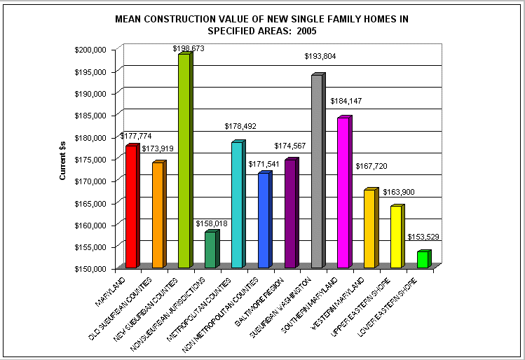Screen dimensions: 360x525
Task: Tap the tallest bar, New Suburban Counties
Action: point(184,160)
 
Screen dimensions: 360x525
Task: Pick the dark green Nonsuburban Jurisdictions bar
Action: point(210,249)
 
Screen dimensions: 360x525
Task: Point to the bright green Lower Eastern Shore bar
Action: point(422,259)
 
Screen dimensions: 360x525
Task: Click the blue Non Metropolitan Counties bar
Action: point(264,220)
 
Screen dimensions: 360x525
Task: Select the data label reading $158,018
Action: point(210,223)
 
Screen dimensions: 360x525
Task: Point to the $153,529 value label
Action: point(423,237)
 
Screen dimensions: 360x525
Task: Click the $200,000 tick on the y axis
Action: point(90,49)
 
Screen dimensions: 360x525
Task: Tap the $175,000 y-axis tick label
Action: point(90,159)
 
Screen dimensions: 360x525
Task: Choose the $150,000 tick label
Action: point(90,268)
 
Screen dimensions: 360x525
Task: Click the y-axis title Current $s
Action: point(62,159)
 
